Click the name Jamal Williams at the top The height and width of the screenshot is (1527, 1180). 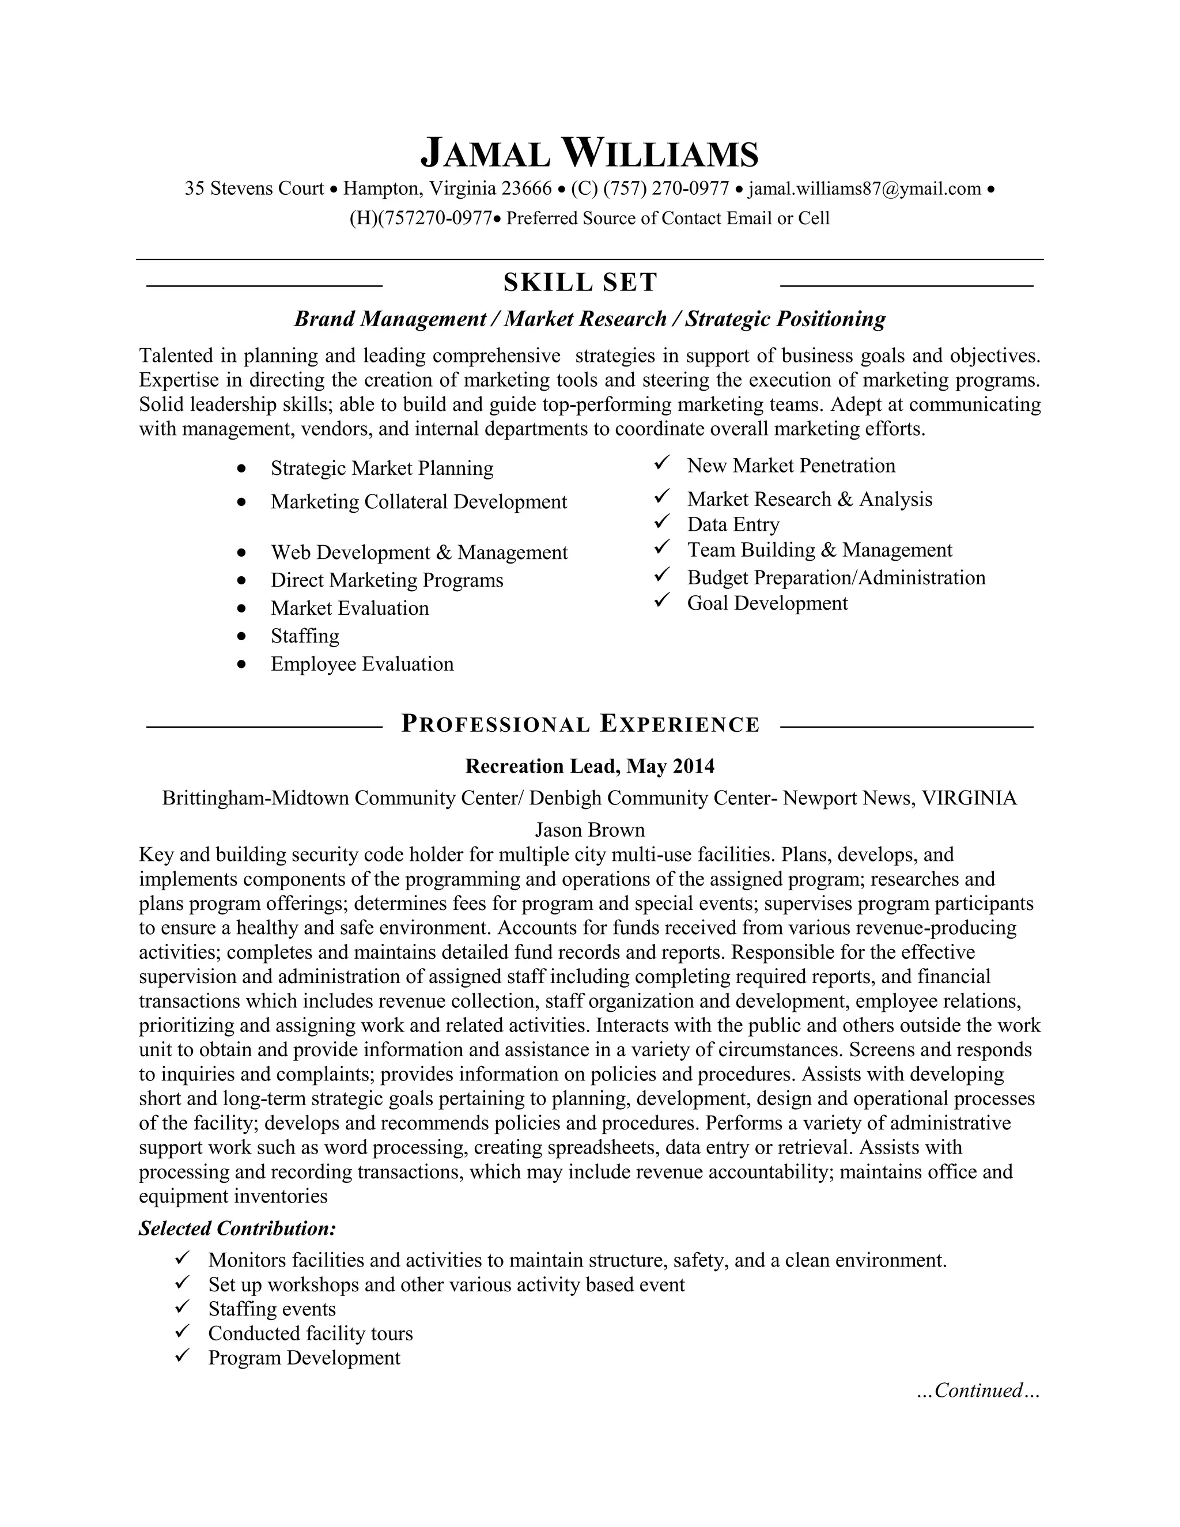[589, 154]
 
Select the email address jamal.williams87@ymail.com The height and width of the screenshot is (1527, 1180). [864, 189]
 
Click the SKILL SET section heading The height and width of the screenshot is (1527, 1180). [580, 282]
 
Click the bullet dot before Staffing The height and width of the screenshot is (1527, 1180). [242, 636]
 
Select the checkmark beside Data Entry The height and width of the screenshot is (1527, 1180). [662, 522]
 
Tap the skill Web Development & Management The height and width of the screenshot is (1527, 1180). [419, 553]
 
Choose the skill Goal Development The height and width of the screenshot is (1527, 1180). [767, 603]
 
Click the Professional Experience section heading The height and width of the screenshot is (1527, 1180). [580, 724]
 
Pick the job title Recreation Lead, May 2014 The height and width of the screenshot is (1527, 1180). [589, 766]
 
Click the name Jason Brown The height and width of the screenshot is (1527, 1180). [589, 830]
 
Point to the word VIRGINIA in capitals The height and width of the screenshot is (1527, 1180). [969, 797]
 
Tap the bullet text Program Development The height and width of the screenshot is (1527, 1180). [304, 1358]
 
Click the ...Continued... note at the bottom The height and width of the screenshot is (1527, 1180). [978, 1390]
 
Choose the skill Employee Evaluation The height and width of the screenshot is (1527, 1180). [362, 663]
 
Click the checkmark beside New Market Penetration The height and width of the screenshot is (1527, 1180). [662, 463]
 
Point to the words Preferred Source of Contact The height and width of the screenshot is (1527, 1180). [614, 219]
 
